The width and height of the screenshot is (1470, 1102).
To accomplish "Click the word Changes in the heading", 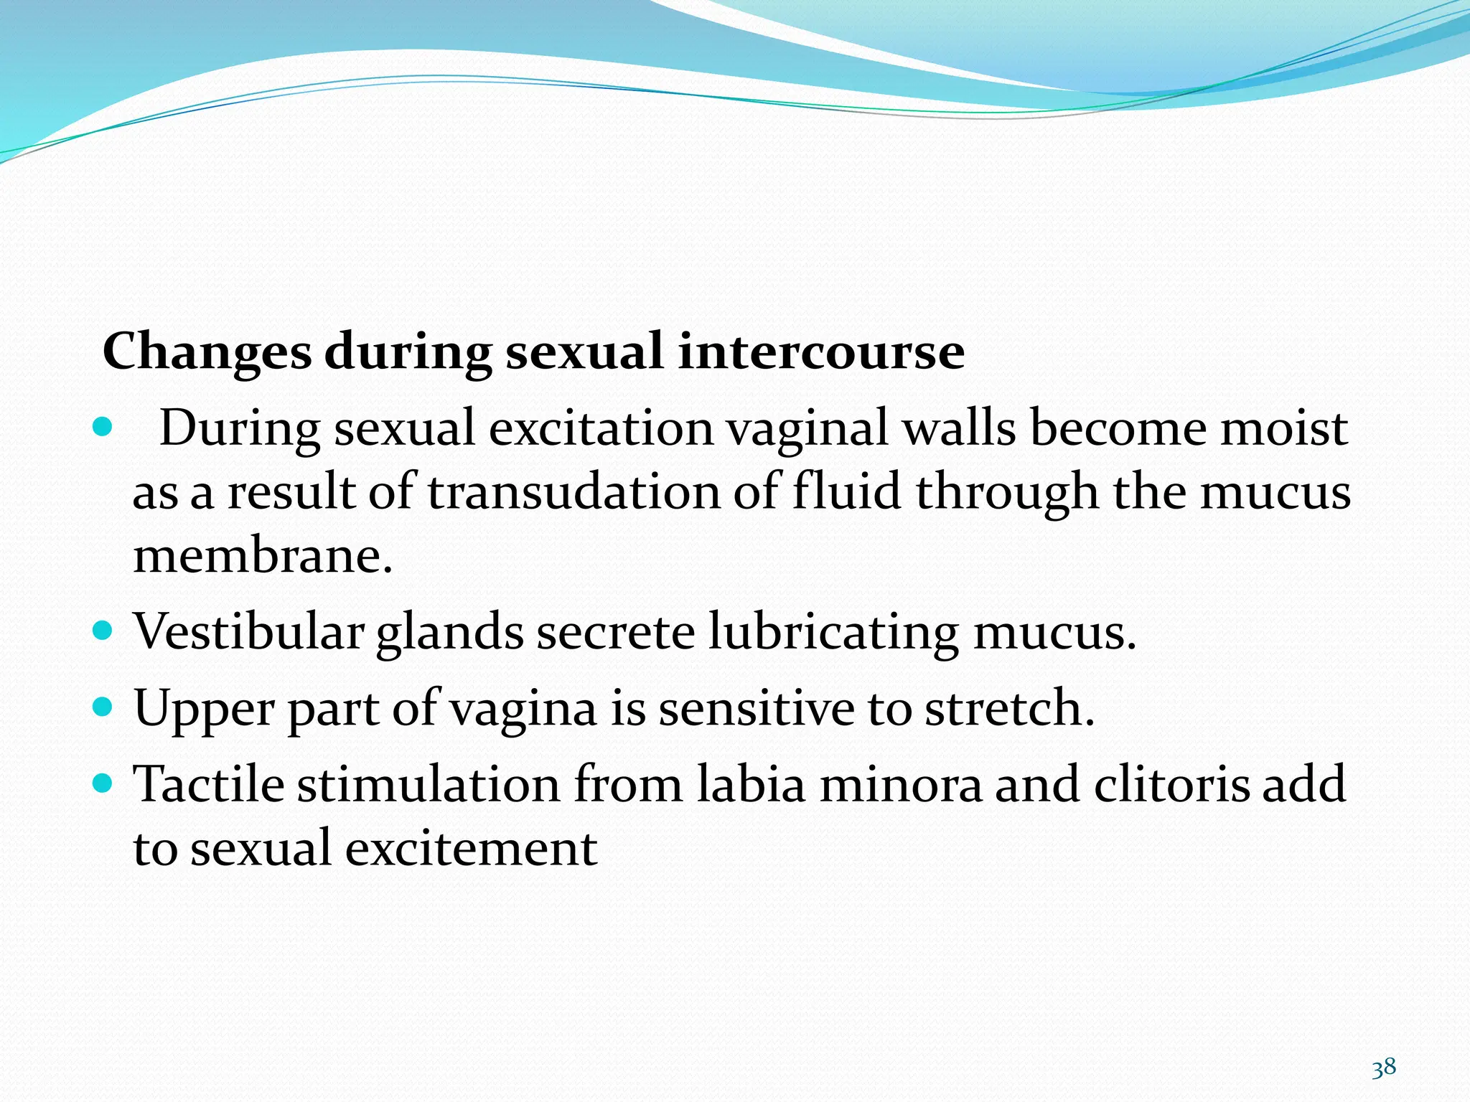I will click(207, 353).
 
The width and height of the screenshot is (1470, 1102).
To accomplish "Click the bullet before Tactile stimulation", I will click(103, 783).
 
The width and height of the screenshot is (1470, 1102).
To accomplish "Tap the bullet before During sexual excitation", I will click(103, 428).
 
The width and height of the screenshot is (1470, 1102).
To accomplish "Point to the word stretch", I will click(1008, 708).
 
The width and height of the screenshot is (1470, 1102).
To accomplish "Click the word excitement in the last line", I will click(471, 848).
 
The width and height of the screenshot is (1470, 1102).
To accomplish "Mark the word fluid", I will click(846, 492).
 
